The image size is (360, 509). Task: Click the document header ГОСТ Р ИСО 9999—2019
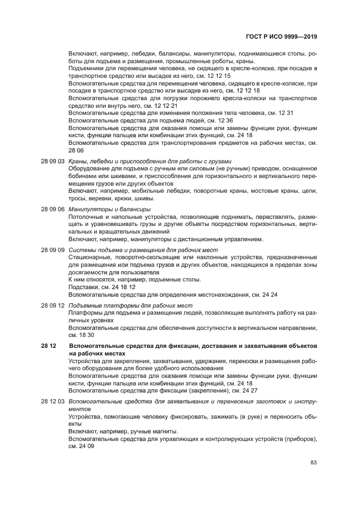click(x=284, y=37)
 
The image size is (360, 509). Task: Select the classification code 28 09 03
click(x=53, y=161)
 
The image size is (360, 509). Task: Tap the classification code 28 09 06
click(x=53, y=209)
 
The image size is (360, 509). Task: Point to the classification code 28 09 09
click(x=53, y=250)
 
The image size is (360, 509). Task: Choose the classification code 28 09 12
click(x=53, y=305)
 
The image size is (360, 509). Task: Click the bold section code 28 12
click(x=48, y=346)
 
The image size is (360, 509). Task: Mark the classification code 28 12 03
click(x=53, y=401)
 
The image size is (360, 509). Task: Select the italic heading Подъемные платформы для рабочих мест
click(x=130, y=305)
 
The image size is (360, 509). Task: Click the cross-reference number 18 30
click(x=94, y=335)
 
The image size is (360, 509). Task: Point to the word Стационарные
click(x=89, y=257)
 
